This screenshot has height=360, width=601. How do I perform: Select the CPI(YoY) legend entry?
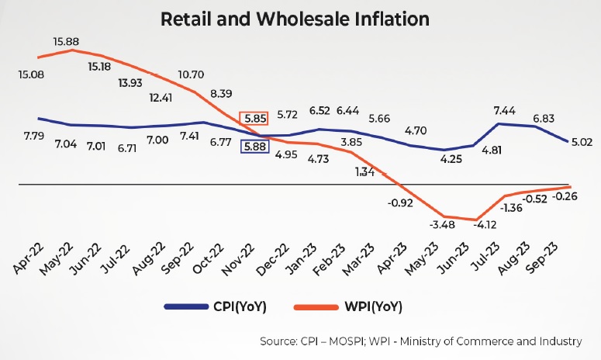(x=237, y=307)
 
